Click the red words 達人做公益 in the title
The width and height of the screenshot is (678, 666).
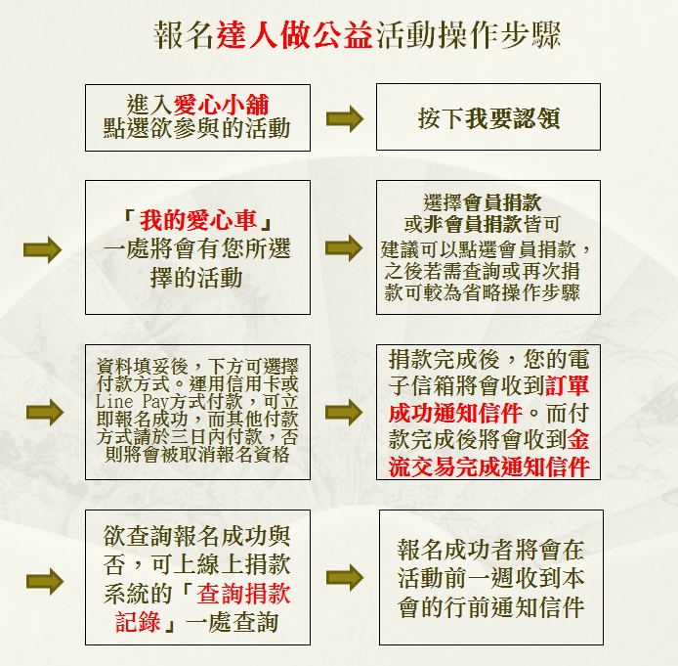pyautogui.click(x=294, y=34)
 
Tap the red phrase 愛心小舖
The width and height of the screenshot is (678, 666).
pyautogui.click(x=222, y=105)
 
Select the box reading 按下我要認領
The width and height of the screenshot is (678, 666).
pyautogui.click(x=488, y=116)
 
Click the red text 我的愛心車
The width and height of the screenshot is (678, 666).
pyautogui.click(x=198, y=220)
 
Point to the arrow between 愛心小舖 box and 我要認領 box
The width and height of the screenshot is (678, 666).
pyautogui.click(x=345, y=118)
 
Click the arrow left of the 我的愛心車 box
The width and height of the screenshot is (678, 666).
pyautogui.click(x=42, y=249)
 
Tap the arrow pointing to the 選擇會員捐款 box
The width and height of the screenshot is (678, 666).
pyautogui.click(x=344, y=248)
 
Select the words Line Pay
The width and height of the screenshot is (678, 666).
pyautogui.click(x=132, y=402)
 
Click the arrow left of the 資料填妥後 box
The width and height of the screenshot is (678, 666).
pyautogui.click(x=45, y=412)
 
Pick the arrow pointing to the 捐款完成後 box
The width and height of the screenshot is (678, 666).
pyautogui.click(x=344, y=412)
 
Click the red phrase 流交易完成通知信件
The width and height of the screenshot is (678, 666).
pyautogui.click(x=489, y=466)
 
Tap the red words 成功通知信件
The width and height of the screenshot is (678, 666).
pyautogui.click(x=455, y=413)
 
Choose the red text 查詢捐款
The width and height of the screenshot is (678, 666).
pyautogui.click(x=243, y=594)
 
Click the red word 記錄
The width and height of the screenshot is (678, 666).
pyautogui.click(x=138, y=622)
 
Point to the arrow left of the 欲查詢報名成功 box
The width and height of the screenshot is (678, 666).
pyautogui.click(x=45, y=581)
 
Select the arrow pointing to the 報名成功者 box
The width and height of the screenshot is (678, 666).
pyautogui.click(x=345, y=578)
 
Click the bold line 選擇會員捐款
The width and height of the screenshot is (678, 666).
pyautogui.click(x=482, y=202)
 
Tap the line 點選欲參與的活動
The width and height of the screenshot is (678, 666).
pyautogui.click(x=196, y=128)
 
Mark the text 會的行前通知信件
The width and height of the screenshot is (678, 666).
pyautogui.click(x=490, y=607)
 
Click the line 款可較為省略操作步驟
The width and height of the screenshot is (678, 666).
pyautogui.click(x=482, y=292)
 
